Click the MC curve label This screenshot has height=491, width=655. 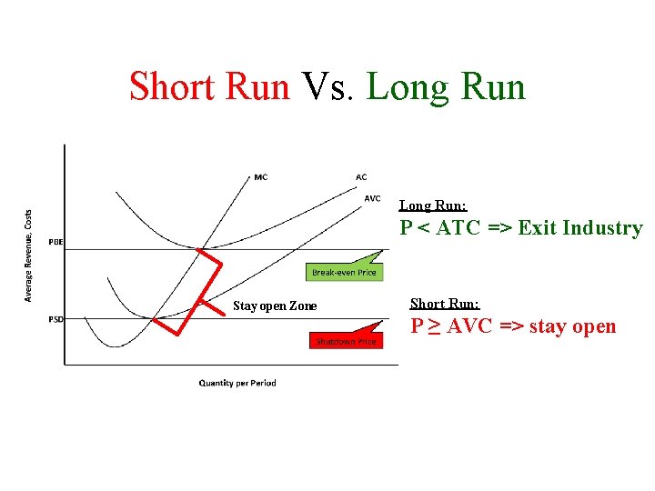261,176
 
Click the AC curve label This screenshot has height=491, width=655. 361,176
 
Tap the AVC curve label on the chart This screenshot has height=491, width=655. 372,198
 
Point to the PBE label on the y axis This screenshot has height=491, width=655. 56,242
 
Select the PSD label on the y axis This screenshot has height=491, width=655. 56,318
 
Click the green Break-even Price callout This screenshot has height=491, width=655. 344,272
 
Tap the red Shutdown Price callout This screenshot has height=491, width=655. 346,341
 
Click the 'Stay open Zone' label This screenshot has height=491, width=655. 275,306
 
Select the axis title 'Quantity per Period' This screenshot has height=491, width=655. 237,383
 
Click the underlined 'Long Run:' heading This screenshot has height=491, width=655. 433,206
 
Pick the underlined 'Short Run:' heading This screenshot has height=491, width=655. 445,304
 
